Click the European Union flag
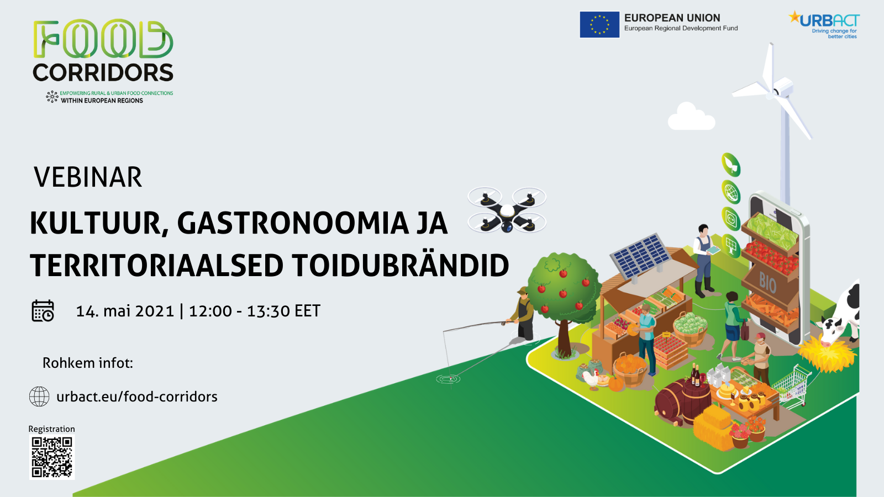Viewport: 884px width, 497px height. pos(599,24)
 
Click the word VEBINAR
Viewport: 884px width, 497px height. pos(88,177)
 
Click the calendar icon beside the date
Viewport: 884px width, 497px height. pos(43,311)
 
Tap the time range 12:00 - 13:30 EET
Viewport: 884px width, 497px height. pos(255,311)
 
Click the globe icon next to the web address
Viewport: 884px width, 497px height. pos(39,396)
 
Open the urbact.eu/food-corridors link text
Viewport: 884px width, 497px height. pos(137,396)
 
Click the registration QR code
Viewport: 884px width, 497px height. pos(52,457)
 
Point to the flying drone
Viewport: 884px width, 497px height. pos(507,209)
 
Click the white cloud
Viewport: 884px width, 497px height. pos(691,117)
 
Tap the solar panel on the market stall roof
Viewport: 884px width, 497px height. pos(640,256)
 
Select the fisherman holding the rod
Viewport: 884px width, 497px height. pos(523,314)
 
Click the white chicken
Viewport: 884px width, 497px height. pos(591,379)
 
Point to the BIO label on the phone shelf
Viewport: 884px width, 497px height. pos(767,282)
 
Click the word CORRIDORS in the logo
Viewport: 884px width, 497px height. pos(103,72)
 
